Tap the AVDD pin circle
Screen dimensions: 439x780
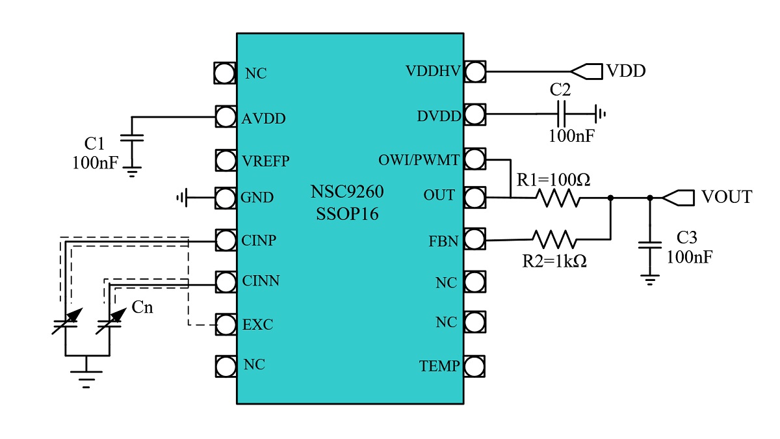225,117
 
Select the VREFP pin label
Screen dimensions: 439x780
266,160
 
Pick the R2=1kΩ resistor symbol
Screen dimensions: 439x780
554,239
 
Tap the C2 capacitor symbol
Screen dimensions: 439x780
563,115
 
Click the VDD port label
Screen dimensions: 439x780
626,71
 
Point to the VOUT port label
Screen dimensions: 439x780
726,197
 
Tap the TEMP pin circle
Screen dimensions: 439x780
475,366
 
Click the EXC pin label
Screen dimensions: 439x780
257,325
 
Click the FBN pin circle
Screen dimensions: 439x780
475,241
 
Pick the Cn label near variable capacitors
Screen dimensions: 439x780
142,307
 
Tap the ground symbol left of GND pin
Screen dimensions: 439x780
182,196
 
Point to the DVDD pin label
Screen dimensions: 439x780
439,116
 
